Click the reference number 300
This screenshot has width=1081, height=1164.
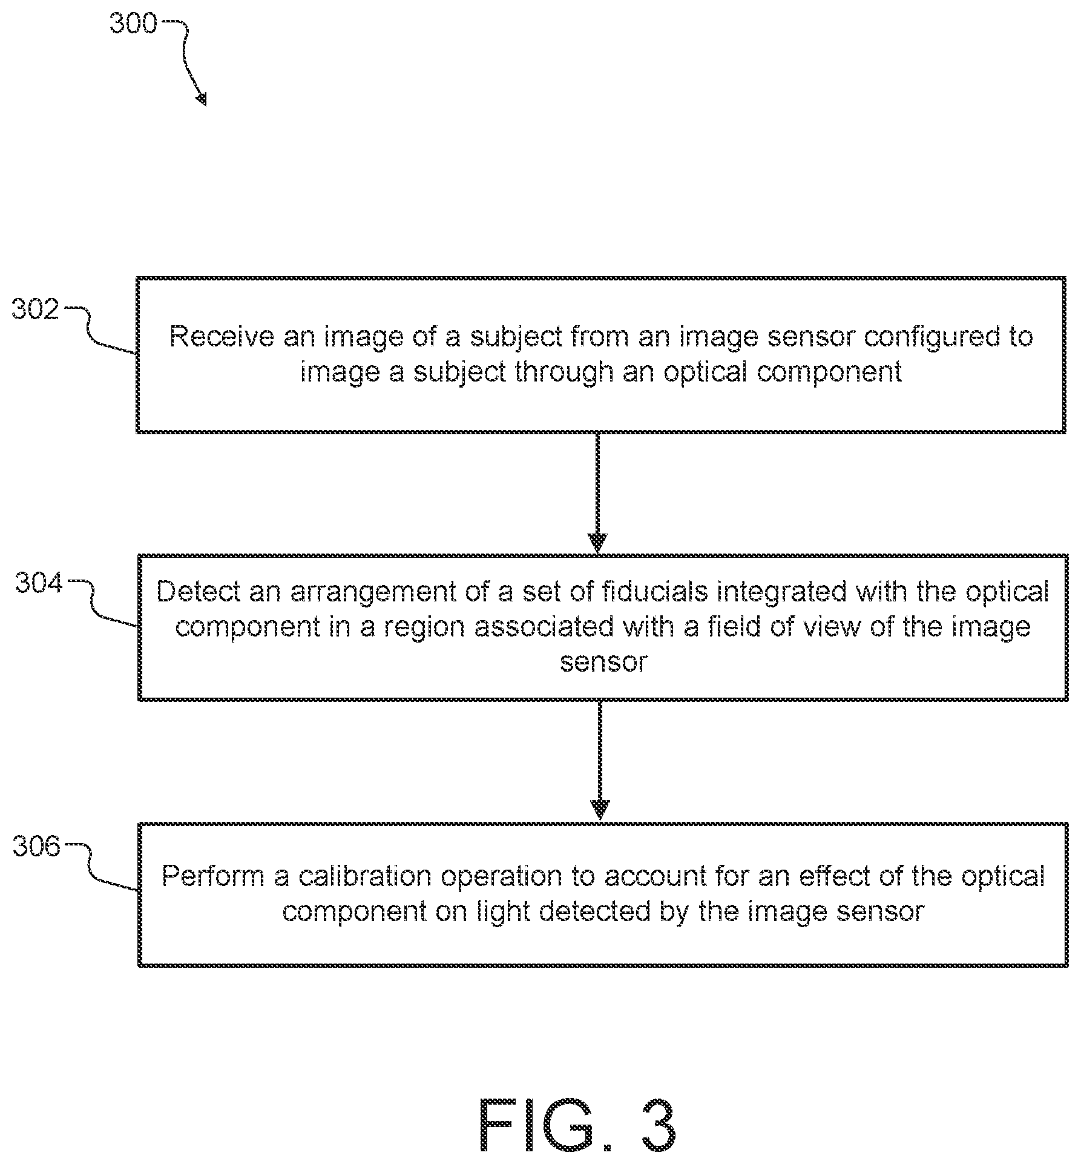coord(133,24)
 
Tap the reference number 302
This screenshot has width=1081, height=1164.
coord(36,310)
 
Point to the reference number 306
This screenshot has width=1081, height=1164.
coord(37,846)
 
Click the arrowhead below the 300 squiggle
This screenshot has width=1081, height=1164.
coord(201,99)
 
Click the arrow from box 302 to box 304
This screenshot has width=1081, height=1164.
coord(598,493)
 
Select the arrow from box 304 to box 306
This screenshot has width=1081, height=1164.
coord(600,761)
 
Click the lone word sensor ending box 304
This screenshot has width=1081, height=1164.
coord(603,662)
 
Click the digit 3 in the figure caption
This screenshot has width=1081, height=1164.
coord(654,1126)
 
